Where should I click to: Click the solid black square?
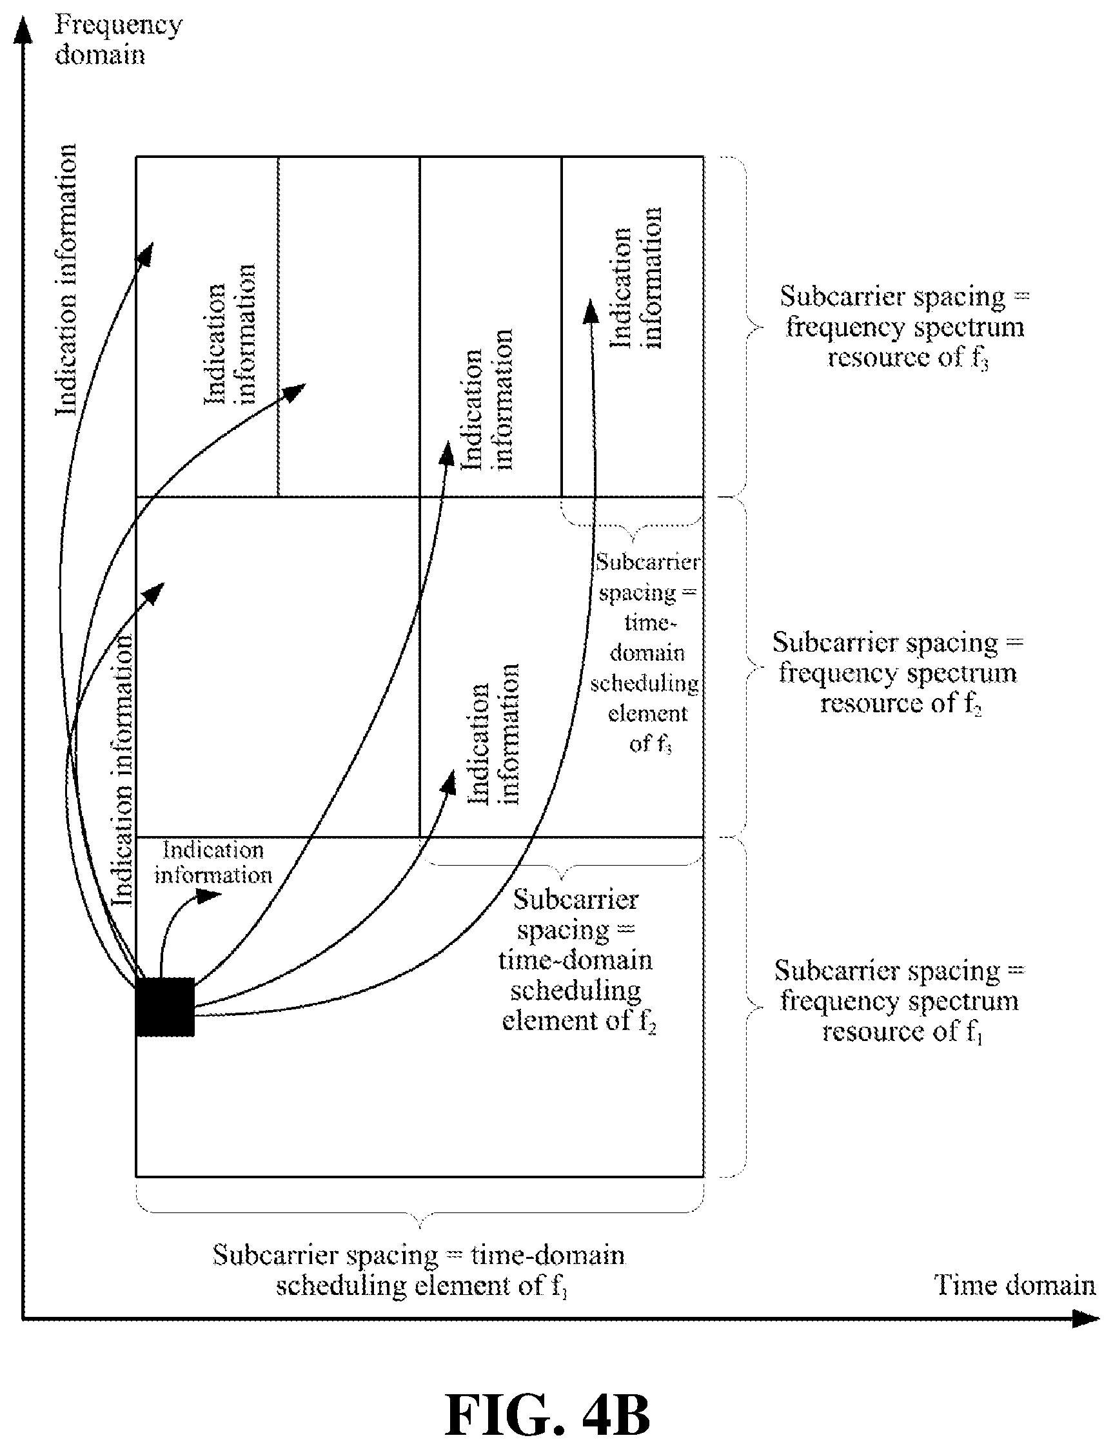(x=165, y=1007)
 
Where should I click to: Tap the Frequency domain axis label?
(x=118, y=40)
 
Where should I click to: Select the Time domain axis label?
(x=1014, y=1285)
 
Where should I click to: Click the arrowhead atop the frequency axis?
(x=23, y=30)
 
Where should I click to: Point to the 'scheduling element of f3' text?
(x=646, y=714)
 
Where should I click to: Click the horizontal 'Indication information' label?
(x=213, y=862)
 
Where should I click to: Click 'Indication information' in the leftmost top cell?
(x=229, y=334)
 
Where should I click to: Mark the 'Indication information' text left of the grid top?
(x=66, y=280)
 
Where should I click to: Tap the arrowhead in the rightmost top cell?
(x=590, y=311)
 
